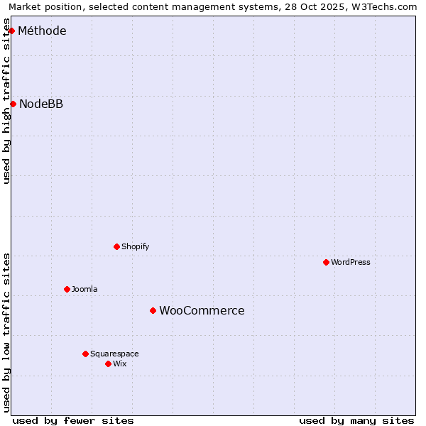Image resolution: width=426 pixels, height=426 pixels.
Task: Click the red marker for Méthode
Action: pos(11,31)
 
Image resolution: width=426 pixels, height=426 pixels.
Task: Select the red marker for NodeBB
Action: pos(13,104)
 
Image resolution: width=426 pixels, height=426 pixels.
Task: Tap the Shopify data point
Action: pos(116,246)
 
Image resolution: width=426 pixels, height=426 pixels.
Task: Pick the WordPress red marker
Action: pos(326,262)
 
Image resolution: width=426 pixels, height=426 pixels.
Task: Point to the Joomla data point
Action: pos(67,289)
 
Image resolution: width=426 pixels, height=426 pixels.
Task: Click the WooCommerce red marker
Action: pos(153,310)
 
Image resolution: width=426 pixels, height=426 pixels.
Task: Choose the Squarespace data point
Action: pos(85,354)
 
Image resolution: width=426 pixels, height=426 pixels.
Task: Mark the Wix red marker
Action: pos(108,364)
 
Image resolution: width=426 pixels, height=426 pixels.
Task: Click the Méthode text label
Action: pos(42,31)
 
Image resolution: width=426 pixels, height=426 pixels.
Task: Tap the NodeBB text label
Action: pos(41,104)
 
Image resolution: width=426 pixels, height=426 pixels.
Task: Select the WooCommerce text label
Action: pos(202,310)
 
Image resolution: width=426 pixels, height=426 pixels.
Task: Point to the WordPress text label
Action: pos(351,262)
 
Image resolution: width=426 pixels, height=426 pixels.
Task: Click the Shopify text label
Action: pos(136,246)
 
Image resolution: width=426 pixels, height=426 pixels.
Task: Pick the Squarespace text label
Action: pos(114,354)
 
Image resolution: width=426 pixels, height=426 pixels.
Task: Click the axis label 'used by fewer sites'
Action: pos(73,420)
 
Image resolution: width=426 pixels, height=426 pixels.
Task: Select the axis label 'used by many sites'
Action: pos(356,420)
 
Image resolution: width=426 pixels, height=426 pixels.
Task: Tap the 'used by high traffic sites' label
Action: pos(6,101)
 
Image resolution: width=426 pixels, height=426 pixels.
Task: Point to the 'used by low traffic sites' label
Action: pos(6,332)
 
